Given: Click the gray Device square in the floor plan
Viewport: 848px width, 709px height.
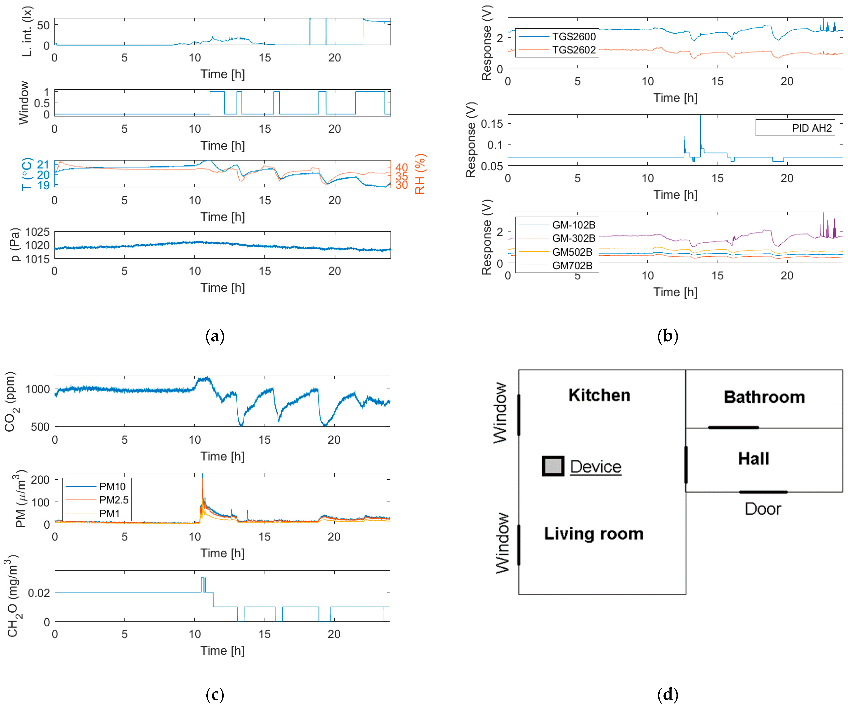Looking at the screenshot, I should pos(553,466).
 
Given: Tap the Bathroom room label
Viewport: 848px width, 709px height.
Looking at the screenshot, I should pos(764,397).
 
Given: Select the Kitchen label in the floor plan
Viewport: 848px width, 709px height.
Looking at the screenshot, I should pos(599,395).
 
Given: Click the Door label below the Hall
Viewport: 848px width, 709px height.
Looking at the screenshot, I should pos(763,509).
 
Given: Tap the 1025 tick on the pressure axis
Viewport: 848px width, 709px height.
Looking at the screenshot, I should pos(38,232).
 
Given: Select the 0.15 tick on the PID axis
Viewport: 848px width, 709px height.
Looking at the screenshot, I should pos(492,124).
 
